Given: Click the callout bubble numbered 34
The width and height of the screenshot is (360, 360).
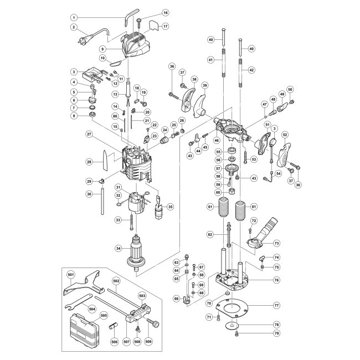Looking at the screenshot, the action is point(118,248).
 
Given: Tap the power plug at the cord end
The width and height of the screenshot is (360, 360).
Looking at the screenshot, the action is point(83,39).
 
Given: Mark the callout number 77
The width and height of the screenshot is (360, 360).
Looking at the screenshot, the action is point(276,305).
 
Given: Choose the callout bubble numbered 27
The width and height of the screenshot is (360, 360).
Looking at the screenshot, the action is point(89,135).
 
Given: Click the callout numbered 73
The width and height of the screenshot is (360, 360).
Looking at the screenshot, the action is point(277,243).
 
